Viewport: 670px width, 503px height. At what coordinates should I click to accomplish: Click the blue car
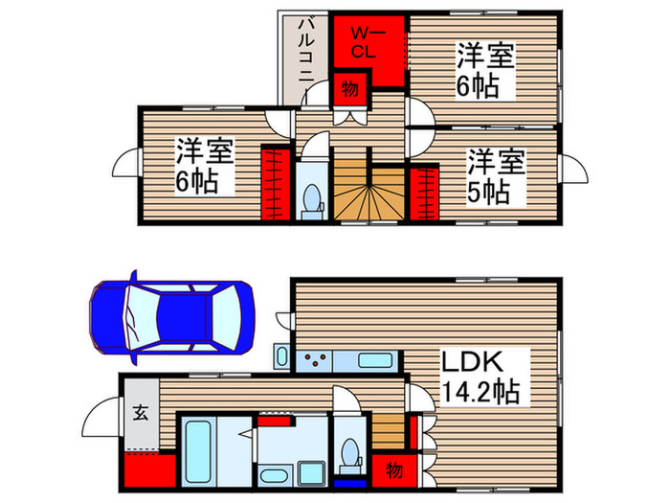coord(172,316)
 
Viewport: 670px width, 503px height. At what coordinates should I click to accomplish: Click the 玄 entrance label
coord(140,414)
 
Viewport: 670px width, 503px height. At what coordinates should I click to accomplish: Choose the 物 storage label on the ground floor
coord(392,470)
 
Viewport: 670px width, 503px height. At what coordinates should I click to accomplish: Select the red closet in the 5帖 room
coord(423,193)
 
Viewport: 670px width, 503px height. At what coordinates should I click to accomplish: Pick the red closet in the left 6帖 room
coord(275,183)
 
